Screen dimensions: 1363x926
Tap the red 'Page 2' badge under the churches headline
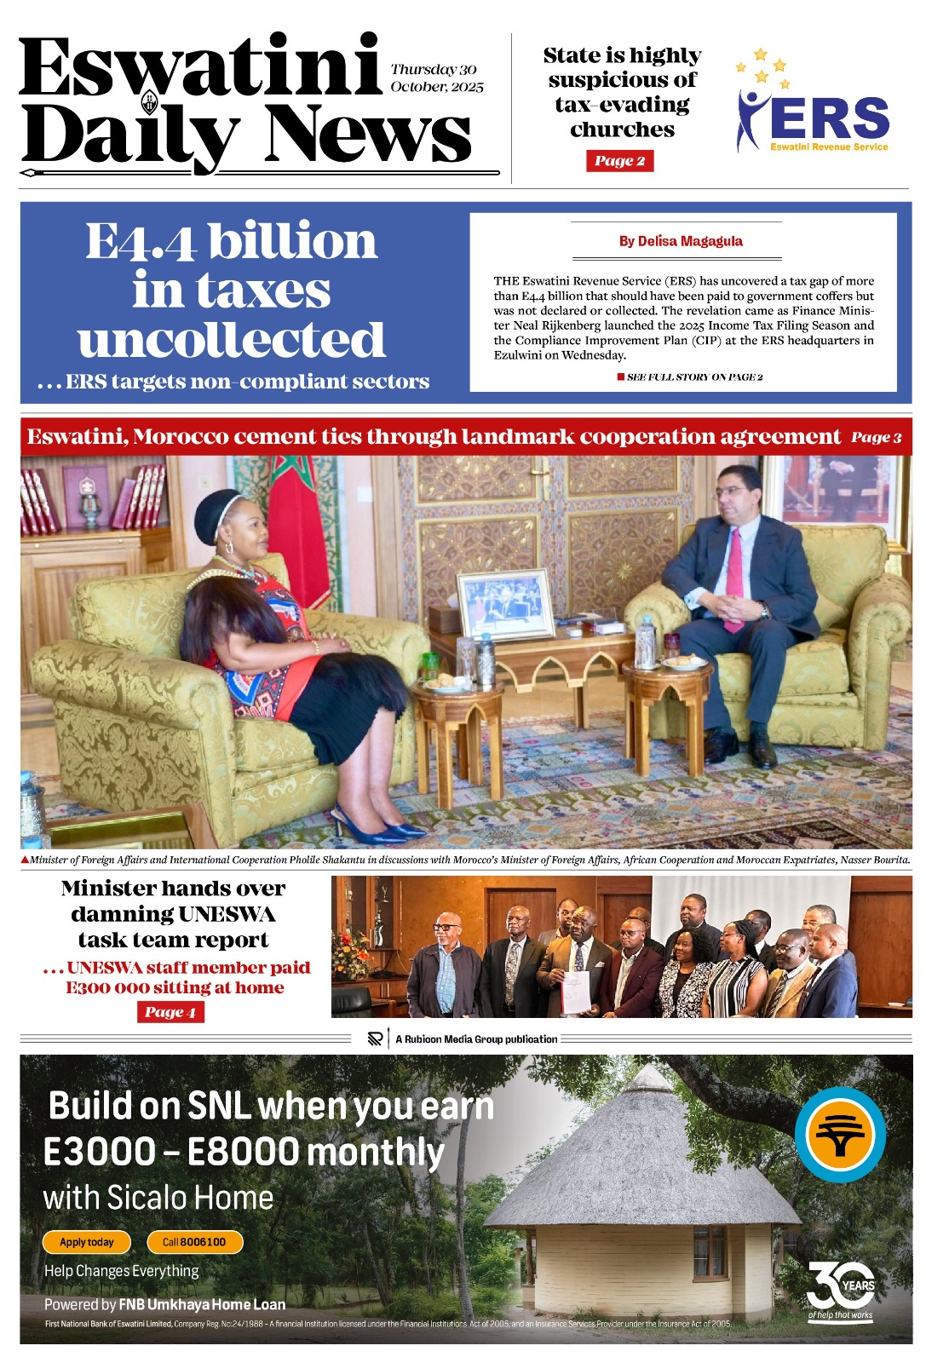pyautogui.click(x=619, y=161)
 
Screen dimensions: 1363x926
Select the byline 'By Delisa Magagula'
pyautogui.click(x=681, y=241)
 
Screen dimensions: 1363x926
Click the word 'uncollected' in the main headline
pyautogui.click(x=231, y=340)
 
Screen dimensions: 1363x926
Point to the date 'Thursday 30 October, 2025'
pyautogui.click(x=436, y=78)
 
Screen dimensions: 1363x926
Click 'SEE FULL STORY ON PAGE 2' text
pyautogui.click(x=694, y=377)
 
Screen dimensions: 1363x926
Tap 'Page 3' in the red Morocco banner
pyautogui.click(x=876, y=437)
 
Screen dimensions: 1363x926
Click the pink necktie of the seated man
pyautogui.click(x=733, y=579)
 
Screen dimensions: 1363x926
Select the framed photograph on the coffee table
pyautogui.click(x=506, y=604)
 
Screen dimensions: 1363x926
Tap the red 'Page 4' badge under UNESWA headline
pyautogui.click(x=170, y=1012)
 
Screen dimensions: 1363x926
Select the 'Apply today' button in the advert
pyautogui.click(x=87, y=1242)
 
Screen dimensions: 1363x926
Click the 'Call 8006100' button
pyautogui.click(x=194, y=1242)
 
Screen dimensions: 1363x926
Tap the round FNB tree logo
pyautogui.click(x=840, y=1135)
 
